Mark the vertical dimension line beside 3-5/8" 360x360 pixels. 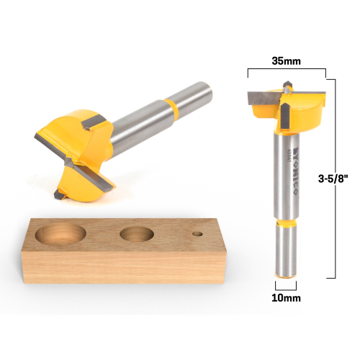[x=328, y=176]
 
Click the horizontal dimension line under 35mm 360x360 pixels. [x=286, y=69]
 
